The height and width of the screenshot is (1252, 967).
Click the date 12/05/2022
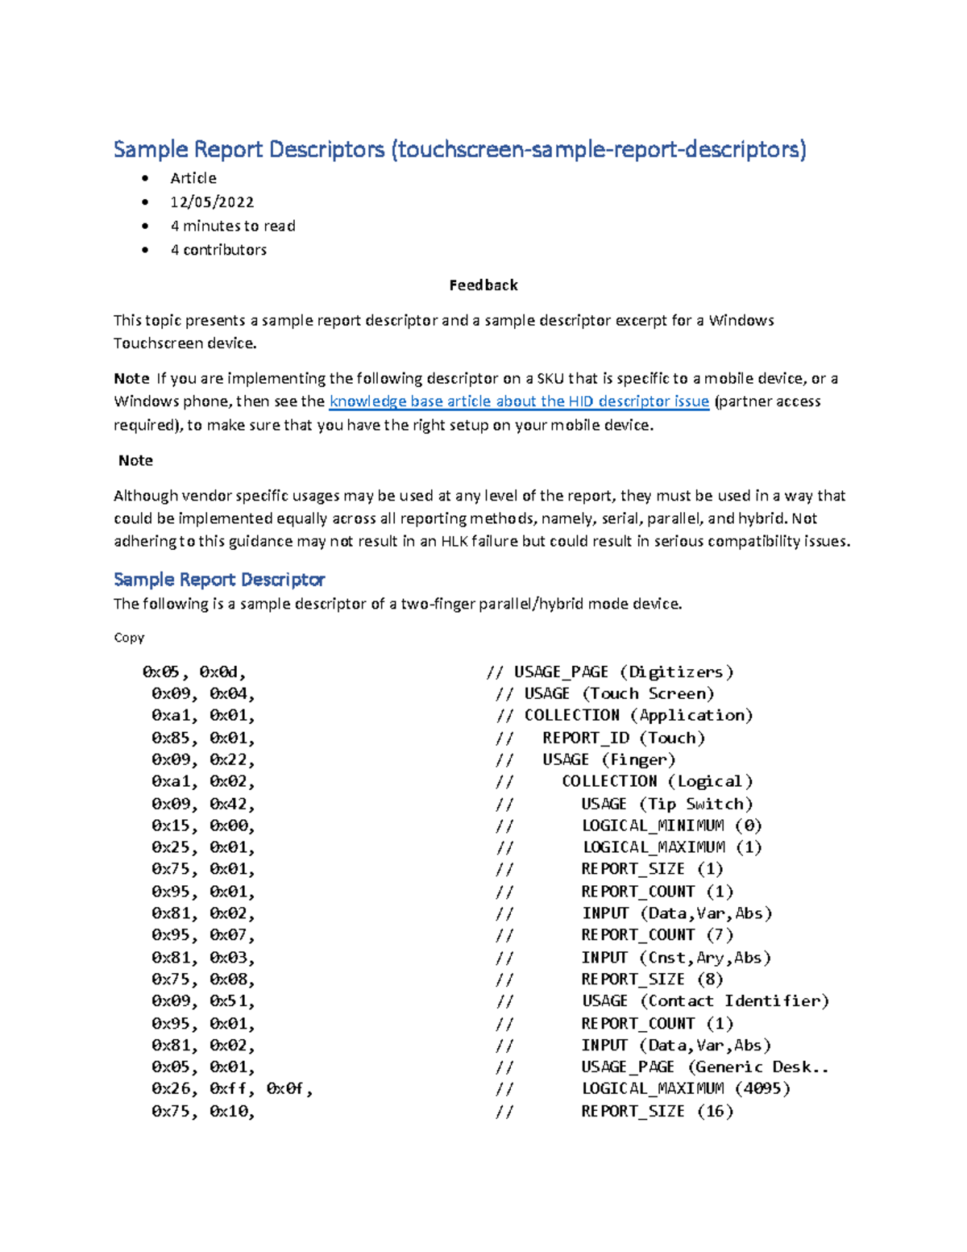point(212,202)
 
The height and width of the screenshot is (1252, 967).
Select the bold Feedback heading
point(483,285)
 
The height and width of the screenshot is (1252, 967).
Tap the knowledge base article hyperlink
point(519,401)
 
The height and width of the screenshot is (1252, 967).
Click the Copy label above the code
point(129,637)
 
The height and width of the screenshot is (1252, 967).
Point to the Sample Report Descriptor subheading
point(219,579)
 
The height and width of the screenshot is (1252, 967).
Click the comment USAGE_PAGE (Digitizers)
point(624,672)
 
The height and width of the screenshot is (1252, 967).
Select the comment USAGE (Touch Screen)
point(619,693)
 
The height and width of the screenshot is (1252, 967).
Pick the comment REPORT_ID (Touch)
point(623,738)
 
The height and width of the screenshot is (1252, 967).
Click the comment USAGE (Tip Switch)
point(666,804)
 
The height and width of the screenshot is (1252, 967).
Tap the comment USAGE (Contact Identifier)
point(705,1000)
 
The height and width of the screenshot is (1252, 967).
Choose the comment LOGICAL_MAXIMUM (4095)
point(686,1088)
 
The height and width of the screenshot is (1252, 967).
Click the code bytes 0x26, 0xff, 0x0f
point(232,1088)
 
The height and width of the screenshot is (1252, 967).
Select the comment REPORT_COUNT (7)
point(657,935)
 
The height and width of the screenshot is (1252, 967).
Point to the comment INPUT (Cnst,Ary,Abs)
point(676,958)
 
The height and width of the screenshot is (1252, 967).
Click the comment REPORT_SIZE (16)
point(657,1111)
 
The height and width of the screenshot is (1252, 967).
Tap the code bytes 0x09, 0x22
point(203,759)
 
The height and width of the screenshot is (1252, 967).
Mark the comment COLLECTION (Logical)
point(657,781)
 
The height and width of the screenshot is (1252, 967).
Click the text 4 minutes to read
point(232,226)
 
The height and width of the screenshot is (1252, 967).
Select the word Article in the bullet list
point(193,178)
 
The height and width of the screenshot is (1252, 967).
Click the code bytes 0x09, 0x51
point(203,1000)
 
